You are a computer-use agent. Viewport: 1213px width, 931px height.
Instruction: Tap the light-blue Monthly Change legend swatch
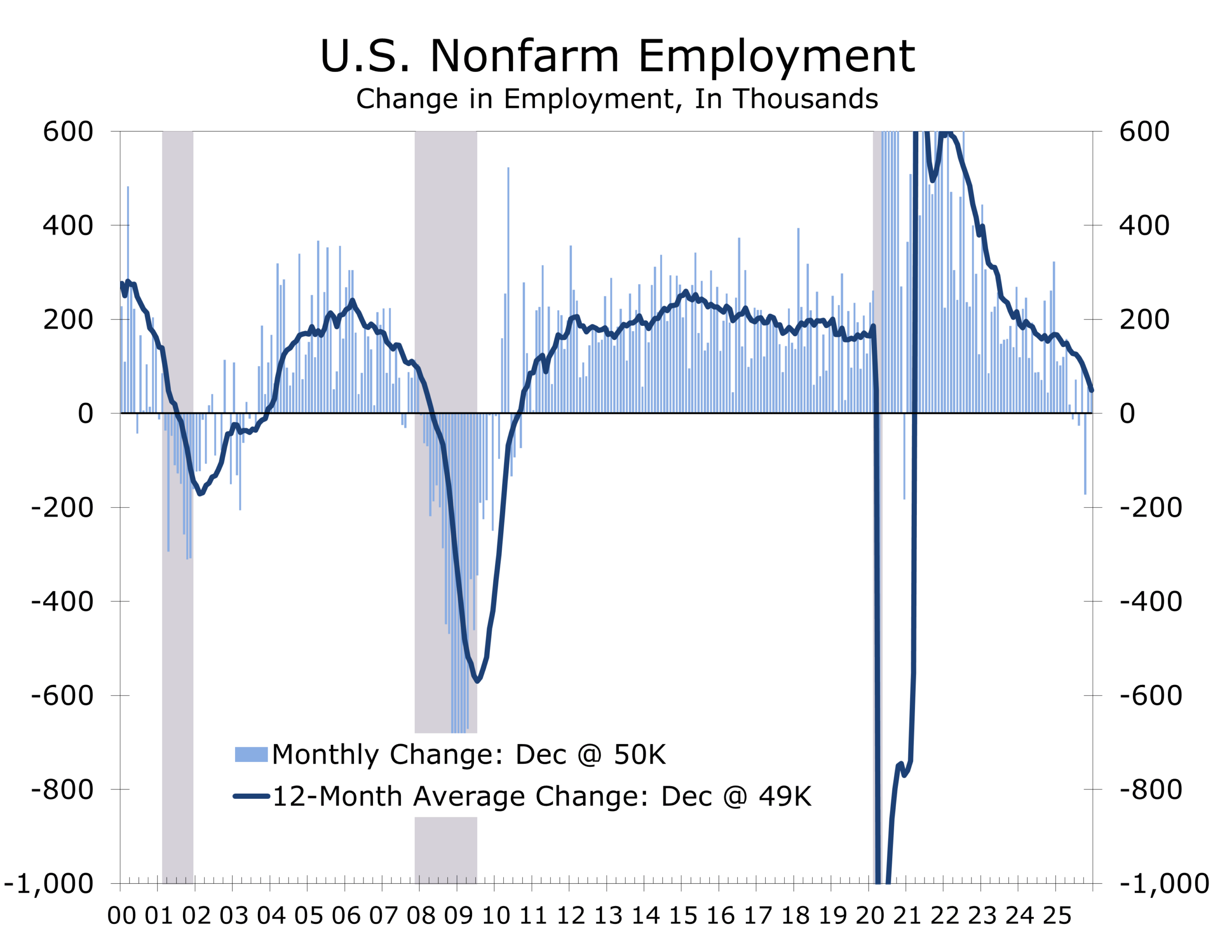tap(251, 754)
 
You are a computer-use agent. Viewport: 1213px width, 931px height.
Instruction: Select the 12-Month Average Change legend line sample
tap(251, 797)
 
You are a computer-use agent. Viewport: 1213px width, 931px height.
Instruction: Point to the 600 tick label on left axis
tap(68, 132)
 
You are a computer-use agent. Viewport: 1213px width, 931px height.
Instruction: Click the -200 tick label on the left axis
tap(62, 508)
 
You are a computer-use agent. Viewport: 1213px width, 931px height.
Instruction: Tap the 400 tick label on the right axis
tap(1144, 226)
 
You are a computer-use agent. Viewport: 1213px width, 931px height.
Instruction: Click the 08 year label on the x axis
tap(421, 915)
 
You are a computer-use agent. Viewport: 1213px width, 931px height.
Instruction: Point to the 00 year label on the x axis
tap(121, 915)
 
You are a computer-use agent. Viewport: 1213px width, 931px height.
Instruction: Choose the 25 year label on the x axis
tap(1057, 915)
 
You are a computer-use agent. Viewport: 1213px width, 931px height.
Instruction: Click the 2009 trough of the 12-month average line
tap(477, 680)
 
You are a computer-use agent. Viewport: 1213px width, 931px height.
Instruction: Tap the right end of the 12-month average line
tap(1091, 391)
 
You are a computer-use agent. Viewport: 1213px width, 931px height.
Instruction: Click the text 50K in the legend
tap(639, 754)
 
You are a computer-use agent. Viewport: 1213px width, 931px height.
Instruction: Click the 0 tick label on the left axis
tap(85, 414)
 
